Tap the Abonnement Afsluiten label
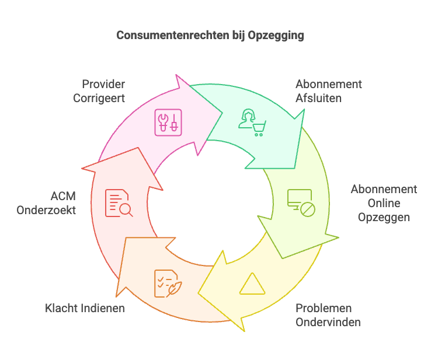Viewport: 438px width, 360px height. point(328,90)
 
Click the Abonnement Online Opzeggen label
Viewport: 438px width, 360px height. point(383,203)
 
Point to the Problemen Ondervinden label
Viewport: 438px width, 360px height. point(328,314)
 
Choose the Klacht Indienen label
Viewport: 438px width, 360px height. point(85,307)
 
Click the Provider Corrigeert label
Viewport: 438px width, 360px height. point(99,90)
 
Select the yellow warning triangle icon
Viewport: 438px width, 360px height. point(252,284)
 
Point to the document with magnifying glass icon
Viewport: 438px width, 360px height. point(119,203)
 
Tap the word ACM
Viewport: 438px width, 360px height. point(63,196)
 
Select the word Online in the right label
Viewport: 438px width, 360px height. point(384,203)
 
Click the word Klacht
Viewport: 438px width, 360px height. point(62,307)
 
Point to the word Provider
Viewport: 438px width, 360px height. point(103,84)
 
